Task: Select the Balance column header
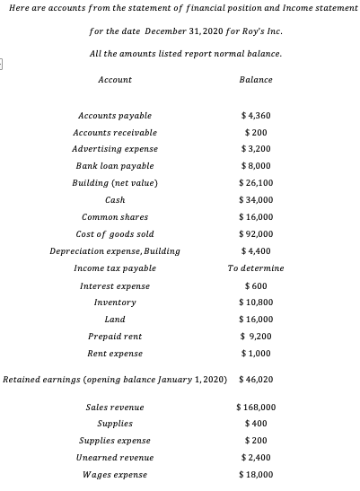coord(256,80)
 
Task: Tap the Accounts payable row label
coord(114,116)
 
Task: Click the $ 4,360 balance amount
coord(257,116)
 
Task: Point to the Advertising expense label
coord(114,149)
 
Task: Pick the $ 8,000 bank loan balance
coord(257,166)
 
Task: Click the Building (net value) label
coord(114,183)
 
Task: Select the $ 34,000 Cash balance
coord(257,200)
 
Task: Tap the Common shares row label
coord(114,217)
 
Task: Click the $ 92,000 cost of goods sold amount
coord(257,234)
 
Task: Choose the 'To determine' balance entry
coord(257,268)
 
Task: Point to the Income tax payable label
coord(114,268)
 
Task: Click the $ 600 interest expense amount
coord(257,285)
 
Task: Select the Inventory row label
coord(114,302)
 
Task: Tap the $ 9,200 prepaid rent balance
coord(257,337)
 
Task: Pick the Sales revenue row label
coord(114,407)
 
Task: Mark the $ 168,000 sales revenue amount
coord(257,407)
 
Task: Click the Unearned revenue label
coord(114,458)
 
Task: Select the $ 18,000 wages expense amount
coord(257,475)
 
